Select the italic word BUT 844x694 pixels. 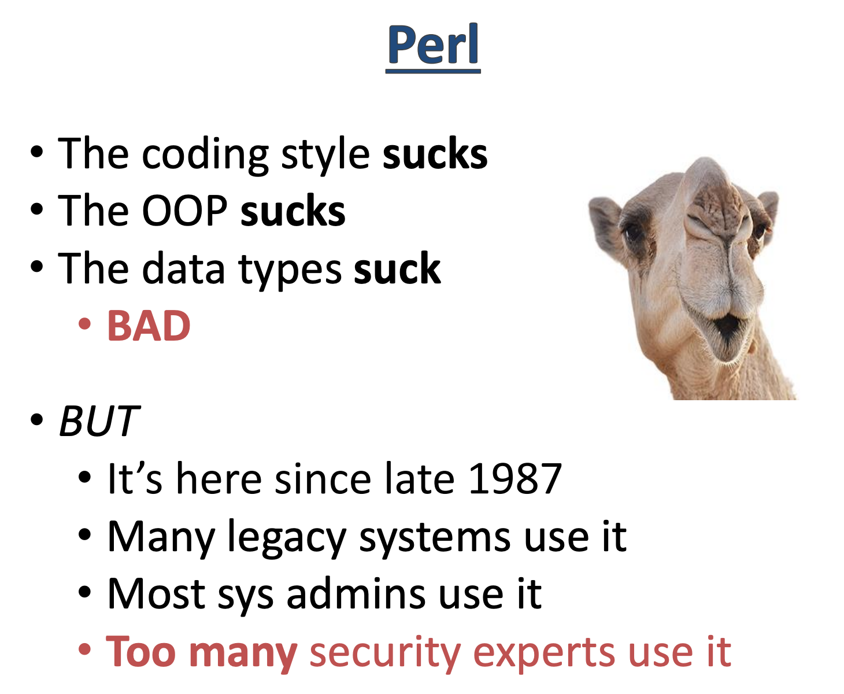pyautogui.click(x=99, y=420)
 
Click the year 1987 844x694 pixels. pyautogui.click(x=516, y=478)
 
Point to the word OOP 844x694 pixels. pyautogui.click(x=184, y=211)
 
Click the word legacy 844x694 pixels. pyautogui.click(x=287, y=537)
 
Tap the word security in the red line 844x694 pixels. pyautogui.click(x=385, y=653)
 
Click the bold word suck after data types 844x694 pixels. pyautogui.click(x=397, y=268)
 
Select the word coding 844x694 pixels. pyautogui.click(x=205, y=156)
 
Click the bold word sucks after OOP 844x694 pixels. pyautogui.click(x=293, y=211)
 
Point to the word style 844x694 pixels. pyautogui.click(x=325, y=156)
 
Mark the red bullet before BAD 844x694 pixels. pyautogui.click(x=84, y=324)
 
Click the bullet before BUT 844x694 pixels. pyautogui.click(x=36, y=420)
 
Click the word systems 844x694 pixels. pyautogui.click(x=435, y=537)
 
